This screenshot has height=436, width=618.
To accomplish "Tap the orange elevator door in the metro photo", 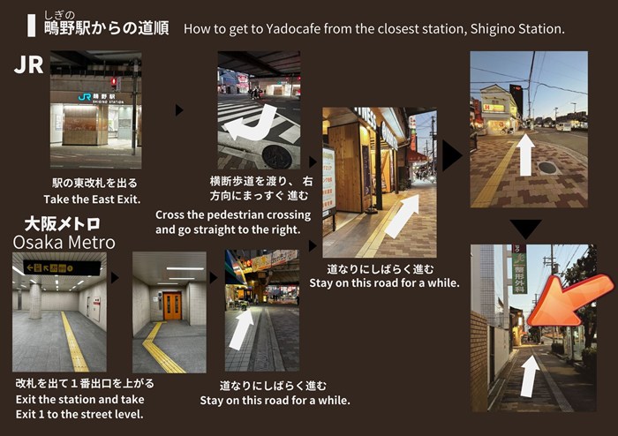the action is point(172,306).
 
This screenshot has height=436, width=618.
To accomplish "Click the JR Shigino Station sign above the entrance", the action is point(101,98).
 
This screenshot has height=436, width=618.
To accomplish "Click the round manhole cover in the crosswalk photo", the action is point(277,156).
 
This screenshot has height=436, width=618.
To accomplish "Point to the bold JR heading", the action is point(28,64).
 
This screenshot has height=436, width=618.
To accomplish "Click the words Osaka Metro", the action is point(64,242).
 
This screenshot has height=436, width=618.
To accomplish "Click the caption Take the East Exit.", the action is point(92,199).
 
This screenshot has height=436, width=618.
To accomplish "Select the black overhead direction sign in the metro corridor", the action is point(62,267).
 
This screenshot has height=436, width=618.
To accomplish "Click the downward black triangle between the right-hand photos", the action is point(525,229).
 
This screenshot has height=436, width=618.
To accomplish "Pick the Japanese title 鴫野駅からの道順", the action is point(107,28).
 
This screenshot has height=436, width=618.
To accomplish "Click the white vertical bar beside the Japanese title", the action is point(31,26).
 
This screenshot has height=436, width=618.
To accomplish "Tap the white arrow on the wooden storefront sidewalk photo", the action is point(403,216).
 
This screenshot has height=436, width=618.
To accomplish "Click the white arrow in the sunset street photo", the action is point(525,154).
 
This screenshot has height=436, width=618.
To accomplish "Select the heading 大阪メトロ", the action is point(63,224).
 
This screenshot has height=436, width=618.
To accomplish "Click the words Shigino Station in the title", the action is point(517,29).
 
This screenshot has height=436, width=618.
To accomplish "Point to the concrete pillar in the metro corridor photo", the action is point(35,301).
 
